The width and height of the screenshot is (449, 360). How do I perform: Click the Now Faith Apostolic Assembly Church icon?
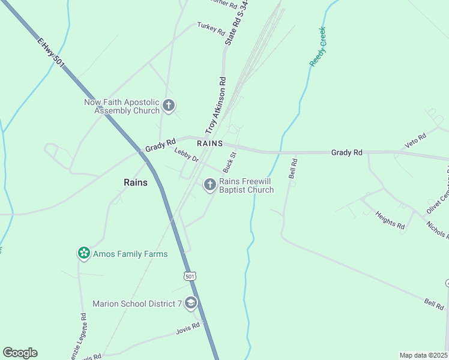point(169,106)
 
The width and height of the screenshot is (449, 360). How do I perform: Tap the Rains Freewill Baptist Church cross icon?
point(209,185)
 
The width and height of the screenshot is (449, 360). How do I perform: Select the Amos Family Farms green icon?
point(83,254)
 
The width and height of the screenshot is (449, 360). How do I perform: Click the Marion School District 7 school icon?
point(191,304)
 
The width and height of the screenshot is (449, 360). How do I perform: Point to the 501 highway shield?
point(190,276)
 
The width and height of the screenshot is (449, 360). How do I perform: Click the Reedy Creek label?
point(317,46)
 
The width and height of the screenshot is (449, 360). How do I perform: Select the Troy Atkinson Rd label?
point(215,106)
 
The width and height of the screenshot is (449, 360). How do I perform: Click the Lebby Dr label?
point(186,155)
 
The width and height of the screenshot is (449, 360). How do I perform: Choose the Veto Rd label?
point(415,140)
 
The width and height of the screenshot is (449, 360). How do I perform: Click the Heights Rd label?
point(390,219)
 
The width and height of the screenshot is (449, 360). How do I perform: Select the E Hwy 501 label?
point(51,54)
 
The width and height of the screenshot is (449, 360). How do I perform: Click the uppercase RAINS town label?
point(209,144)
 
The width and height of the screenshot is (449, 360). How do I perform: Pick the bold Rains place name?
point(135,182)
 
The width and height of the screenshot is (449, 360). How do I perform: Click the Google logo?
point(20,353)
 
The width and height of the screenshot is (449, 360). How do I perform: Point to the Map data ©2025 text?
point(424,355)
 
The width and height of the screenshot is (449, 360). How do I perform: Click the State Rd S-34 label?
point(237,22)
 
